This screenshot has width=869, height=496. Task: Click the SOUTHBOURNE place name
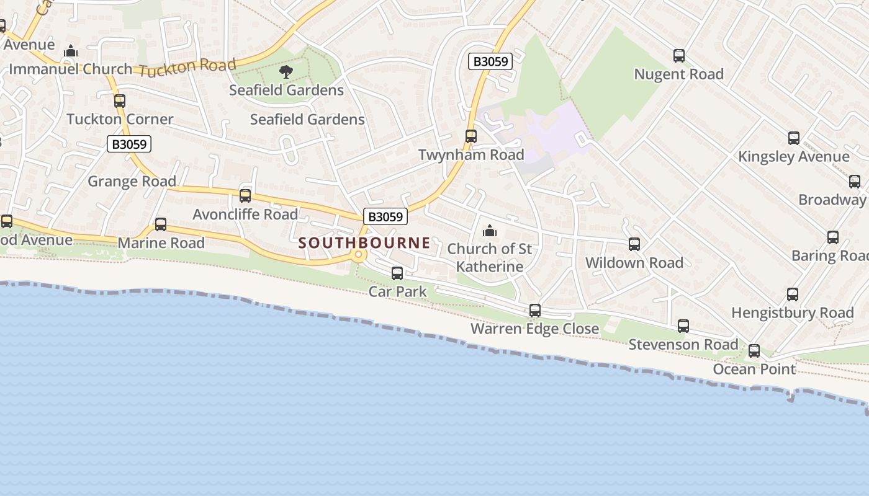pyautogui.click(x=364, y=242)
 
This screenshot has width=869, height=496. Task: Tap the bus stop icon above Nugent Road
pyautogui.click(x=679, y=56)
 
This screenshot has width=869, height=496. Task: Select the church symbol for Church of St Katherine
pyautogui.click(x=490, y=231)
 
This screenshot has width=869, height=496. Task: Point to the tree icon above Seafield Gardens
pyautogui.click(x=286, y=72)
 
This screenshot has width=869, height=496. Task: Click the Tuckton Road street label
pyautogui.click(x=187, y=67)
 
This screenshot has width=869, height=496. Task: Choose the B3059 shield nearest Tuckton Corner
pyautogui.click(x=129, y=144)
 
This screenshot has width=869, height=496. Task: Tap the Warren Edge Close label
pyautogui.click(x=535, y=329)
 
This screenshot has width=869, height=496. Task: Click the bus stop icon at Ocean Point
pyautogui.click(x=754, y=351)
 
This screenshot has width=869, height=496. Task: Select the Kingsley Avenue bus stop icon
pyautogui.click(x=793, y=138)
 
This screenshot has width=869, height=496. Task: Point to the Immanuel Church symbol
pyautogui.click(x=71, y=51)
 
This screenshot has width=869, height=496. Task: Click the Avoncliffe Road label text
pyautogui.click(x=245, y=215)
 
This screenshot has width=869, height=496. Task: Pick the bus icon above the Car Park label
pyautogui.click(x=397, y=273)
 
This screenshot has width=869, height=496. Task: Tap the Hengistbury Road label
pyautogui.click(x=793, y=312)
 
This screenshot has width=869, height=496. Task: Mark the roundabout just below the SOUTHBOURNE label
pyautogui.click(x=358, y=254)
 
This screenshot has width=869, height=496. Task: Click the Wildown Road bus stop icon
pyautogui.click(x=634, y=244)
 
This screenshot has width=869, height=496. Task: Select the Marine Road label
pyautogui.click(x=161, y=242)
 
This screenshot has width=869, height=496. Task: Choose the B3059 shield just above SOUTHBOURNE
pyautogui.click(x=385, y=216)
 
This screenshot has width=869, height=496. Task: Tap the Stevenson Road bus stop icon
pyautogui.click(x=683, y=326)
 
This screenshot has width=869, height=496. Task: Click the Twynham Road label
pyautogui.click(x=471, y=154)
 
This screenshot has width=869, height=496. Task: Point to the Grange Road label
pyautogui.click(x=132, y=181)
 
